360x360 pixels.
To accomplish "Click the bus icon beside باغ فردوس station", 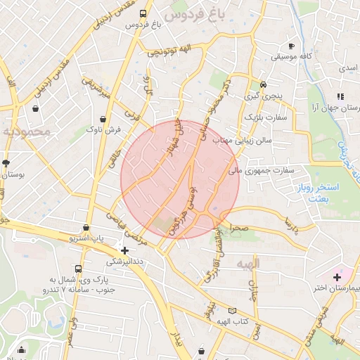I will (143, 13).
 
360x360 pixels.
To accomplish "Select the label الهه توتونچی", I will (169, 51).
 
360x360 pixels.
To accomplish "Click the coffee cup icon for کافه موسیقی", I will (292, 46).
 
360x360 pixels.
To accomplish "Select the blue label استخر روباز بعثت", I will (324, 193).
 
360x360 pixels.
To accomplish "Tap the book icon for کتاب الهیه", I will (232, 310).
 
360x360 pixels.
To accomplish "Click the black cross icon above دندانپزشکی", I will (124, 250).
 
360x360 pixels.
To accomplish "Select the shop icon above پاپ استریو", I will (86, 228).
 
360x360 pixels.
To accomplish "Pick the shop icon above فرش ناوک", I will (104, 119).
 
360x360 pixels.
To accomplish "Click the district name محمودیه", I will (27, 131).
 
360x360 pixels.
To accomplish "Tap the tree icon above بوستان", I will (6, 162).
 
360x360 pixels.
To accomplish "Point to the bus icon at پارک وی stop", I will (77, 268).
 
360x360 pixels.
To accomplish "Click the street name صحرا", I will (239, 229).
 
